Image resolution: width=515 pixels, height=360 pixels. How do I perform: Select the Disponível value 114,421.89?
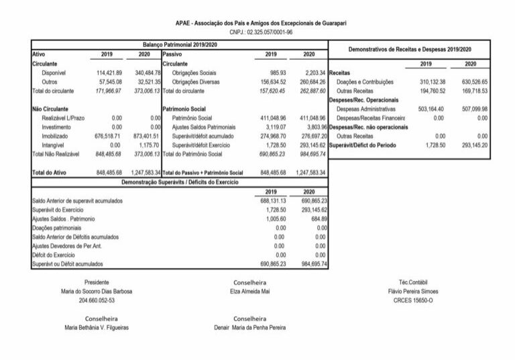pyautogui.click(x=107, y=72)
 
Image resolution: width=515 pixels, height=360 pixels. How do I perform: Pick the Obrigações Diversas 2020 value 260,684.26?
pyautogui.click(x=309, y=81)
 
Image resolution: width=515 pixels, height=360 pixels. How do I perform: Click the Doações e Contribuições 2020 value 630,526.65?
pyautogui.click(x=471, y=81)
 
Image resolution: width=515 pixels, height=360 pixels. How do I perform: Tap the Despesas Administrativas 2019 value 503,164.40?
pyautogui.click(x=426, y=108)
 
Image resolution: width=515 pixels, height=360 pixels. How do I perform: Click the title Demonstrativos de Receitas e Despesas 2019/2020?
pyautogui.click(x=410, y=49)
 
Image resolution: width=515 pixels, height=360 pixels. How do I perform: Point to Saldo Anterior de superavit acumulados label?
pyautogui.click(x=77, y=200)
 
